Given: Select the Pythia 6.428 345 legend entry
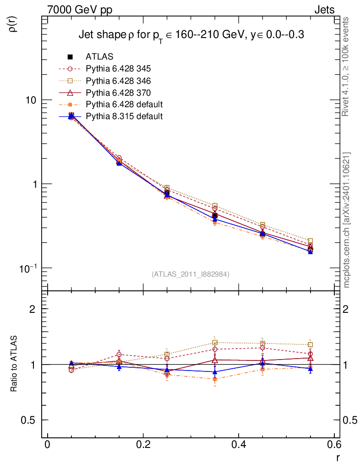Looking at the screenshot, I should coord(118,69).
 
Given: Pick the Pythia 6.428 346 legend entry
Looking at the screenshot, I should coord(118,81).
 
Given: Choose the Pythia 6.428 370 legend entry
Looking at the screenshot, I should coord(118,93).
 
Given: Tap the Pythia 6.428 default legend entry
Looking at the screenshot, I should coord(124,104).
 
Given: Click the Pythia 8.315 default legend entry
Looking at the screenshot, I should coord(124,116).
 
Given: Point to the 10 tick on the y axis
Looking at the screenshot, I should coord(33,100).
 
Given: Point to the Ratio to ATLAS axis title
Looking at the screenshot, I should coord(14,365).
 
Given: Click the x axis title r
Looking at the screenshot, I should coord(338,458).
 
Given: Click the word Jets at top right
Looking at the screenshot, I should coord(324,10).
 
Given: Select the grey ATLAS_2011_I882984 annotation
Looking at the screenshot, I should coord(191,274).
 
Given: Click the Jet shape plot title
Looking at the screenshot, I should coord(191,35).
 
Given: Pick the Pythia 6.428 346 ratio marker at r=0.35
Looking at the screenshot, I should coord(215,343).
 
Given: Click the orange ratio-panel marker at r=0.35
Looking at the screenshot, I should coord(215,379).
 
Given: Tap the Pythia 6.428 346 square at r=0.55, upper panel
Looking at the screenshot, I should coord(311,240).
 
